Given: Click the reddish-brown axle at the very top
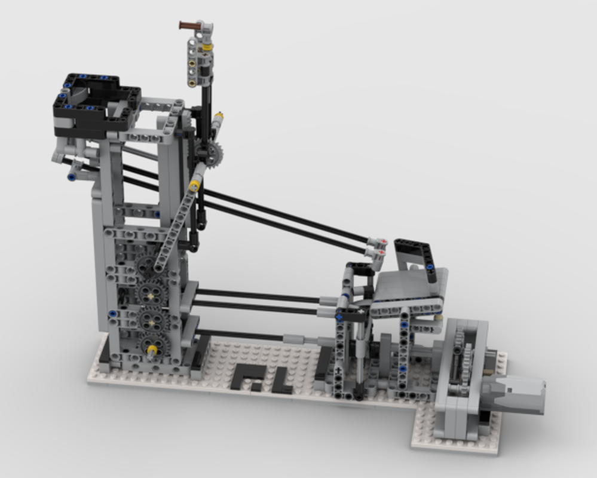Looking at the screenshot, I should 189,25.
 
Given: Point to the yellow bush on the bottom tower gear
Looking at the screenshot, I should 152,349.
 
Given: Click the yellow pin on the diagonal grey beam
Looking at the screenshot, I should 194,186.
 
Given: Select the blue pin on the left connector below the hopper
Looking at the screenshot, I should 72,177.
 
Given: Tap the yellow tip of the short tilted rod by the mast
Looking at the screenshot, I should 219,115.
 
